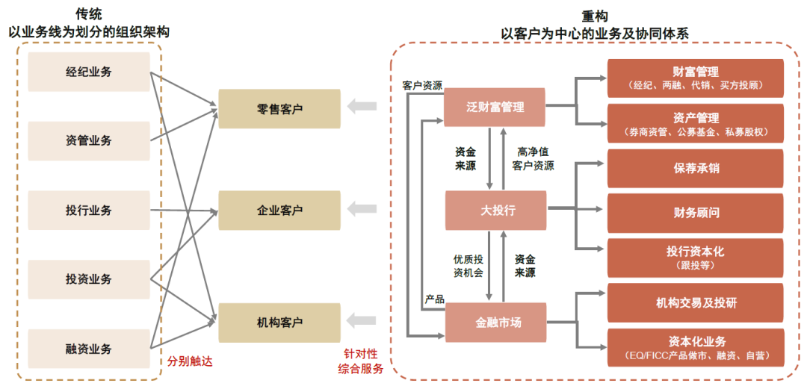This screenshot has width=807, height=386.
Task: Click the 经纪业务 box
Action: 88,72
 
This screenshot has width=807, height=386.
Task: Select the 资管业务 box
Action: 88,140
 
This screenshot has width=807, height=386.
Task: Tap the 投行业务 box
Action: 88,211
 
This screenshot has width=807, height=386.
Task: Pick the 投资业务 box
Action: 88,279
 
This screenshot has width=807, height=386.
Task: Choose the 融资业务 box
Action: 88,348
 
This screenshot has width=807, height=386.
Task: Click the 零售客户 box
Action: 279,109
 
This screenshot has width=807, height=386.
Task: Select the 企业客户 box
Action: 279,211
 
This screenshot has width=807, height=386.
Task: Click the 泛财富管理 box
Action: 495,107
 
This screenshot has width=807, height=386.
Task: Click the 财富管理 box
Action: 695,78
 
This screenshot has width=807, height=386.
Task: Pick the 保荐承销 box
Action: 695,168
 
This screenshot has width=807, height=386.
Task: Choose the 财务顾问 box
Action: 695,213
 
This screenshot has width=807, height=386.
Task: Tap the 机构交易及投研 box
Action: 695,302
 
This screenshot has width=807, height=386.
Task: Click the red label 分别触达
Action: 190,361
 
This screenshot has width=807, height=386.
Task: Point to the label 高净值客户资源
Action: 533,159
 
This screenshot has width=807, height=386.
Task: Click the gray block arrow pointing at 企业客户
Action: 362,209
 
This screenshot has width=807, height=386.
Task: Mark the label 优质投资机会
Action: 468,266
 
